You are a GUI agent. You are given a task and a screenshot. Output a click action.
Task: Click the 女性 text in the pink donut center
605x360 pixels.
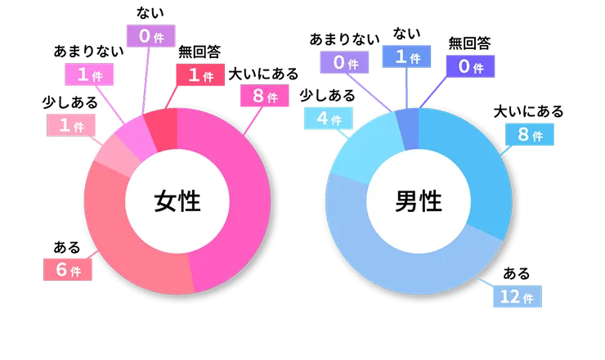(x=177, y=201)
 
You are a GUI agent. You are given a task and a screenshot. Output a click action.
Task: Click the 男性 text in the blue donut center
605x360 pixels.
(x=418, y=201)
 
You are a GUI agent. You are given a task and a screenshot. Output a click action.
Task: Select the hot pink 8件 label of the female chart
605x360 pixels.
(x=265, y=97)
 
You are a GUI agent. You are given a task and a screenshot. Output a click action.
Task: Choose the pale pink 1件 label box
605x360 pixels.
(x=71, y=126)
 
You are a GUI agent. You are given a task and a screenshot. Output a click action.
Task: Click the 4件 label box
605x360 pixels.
(x=328, y=119)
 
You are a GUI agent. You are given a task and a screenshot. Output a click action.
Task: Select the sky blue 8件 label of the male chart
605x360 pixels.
(x=529, y=134)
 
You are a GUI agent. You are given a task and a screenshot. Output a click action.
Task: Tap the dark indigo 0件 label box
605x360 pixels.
(x=470, y=66)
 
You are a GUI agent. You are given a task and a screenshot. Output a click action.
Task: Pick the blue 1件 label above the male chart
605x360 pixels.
(x=406, y=56)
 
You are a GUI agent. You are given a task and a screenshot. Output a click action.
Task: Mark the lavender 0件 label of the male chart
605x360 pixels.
(x=341, y=61)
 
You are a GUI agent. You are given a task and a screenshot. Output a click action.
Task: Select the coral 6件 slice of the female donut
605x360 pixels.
(x=123, y=237)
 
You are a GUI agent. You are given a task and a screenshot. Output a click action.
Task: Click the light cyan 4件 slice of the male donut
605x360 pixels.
(x=360, y=151)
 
